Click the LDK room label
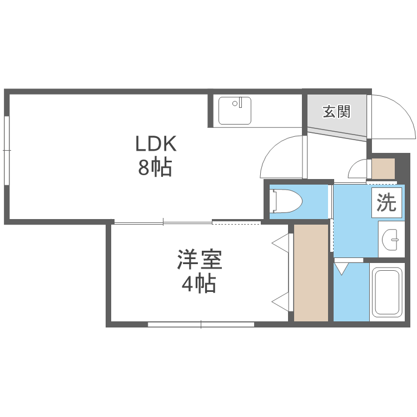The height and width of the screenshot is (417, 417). pyautogui.click(x=156, y=144)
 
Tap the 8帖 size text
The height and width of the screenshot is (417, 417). pyautogui.click(x=155, y=168)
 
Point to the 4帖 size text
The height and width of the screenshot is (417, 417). pyautogui.click(x=198, y=285)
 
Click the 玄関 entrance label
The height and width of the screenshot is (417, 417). pyautogui.click(x=336, y=112)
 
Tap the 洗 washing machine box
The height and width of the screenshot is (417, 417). pyautogui.click(x=386, y=203)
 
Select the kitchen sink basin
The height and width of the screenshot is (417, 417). pyautogui.click(x=235, y=111)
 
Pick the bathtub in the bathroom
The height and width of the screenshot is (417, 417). pyautogui.click(x=386, y=292)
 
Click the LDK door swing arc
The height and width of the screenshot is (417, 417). pyautogui.click(x=282, y=158)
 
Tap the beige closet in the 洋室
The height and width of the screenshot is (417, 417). pyautogui.click(x=311, y=272)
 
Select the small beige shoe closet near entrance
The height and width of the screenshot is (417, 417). pyautogui.click(x=383, y=168)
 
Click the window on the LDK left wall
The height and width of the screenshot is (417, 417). pyautogui.click(x=6, y=150)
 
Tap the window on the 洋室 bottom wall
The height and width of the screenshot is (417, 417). pyautogui.click(x=201, y=324)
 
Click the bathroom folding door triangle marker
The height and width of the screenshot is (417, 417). pyautogui.click(x=341, y=269)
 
